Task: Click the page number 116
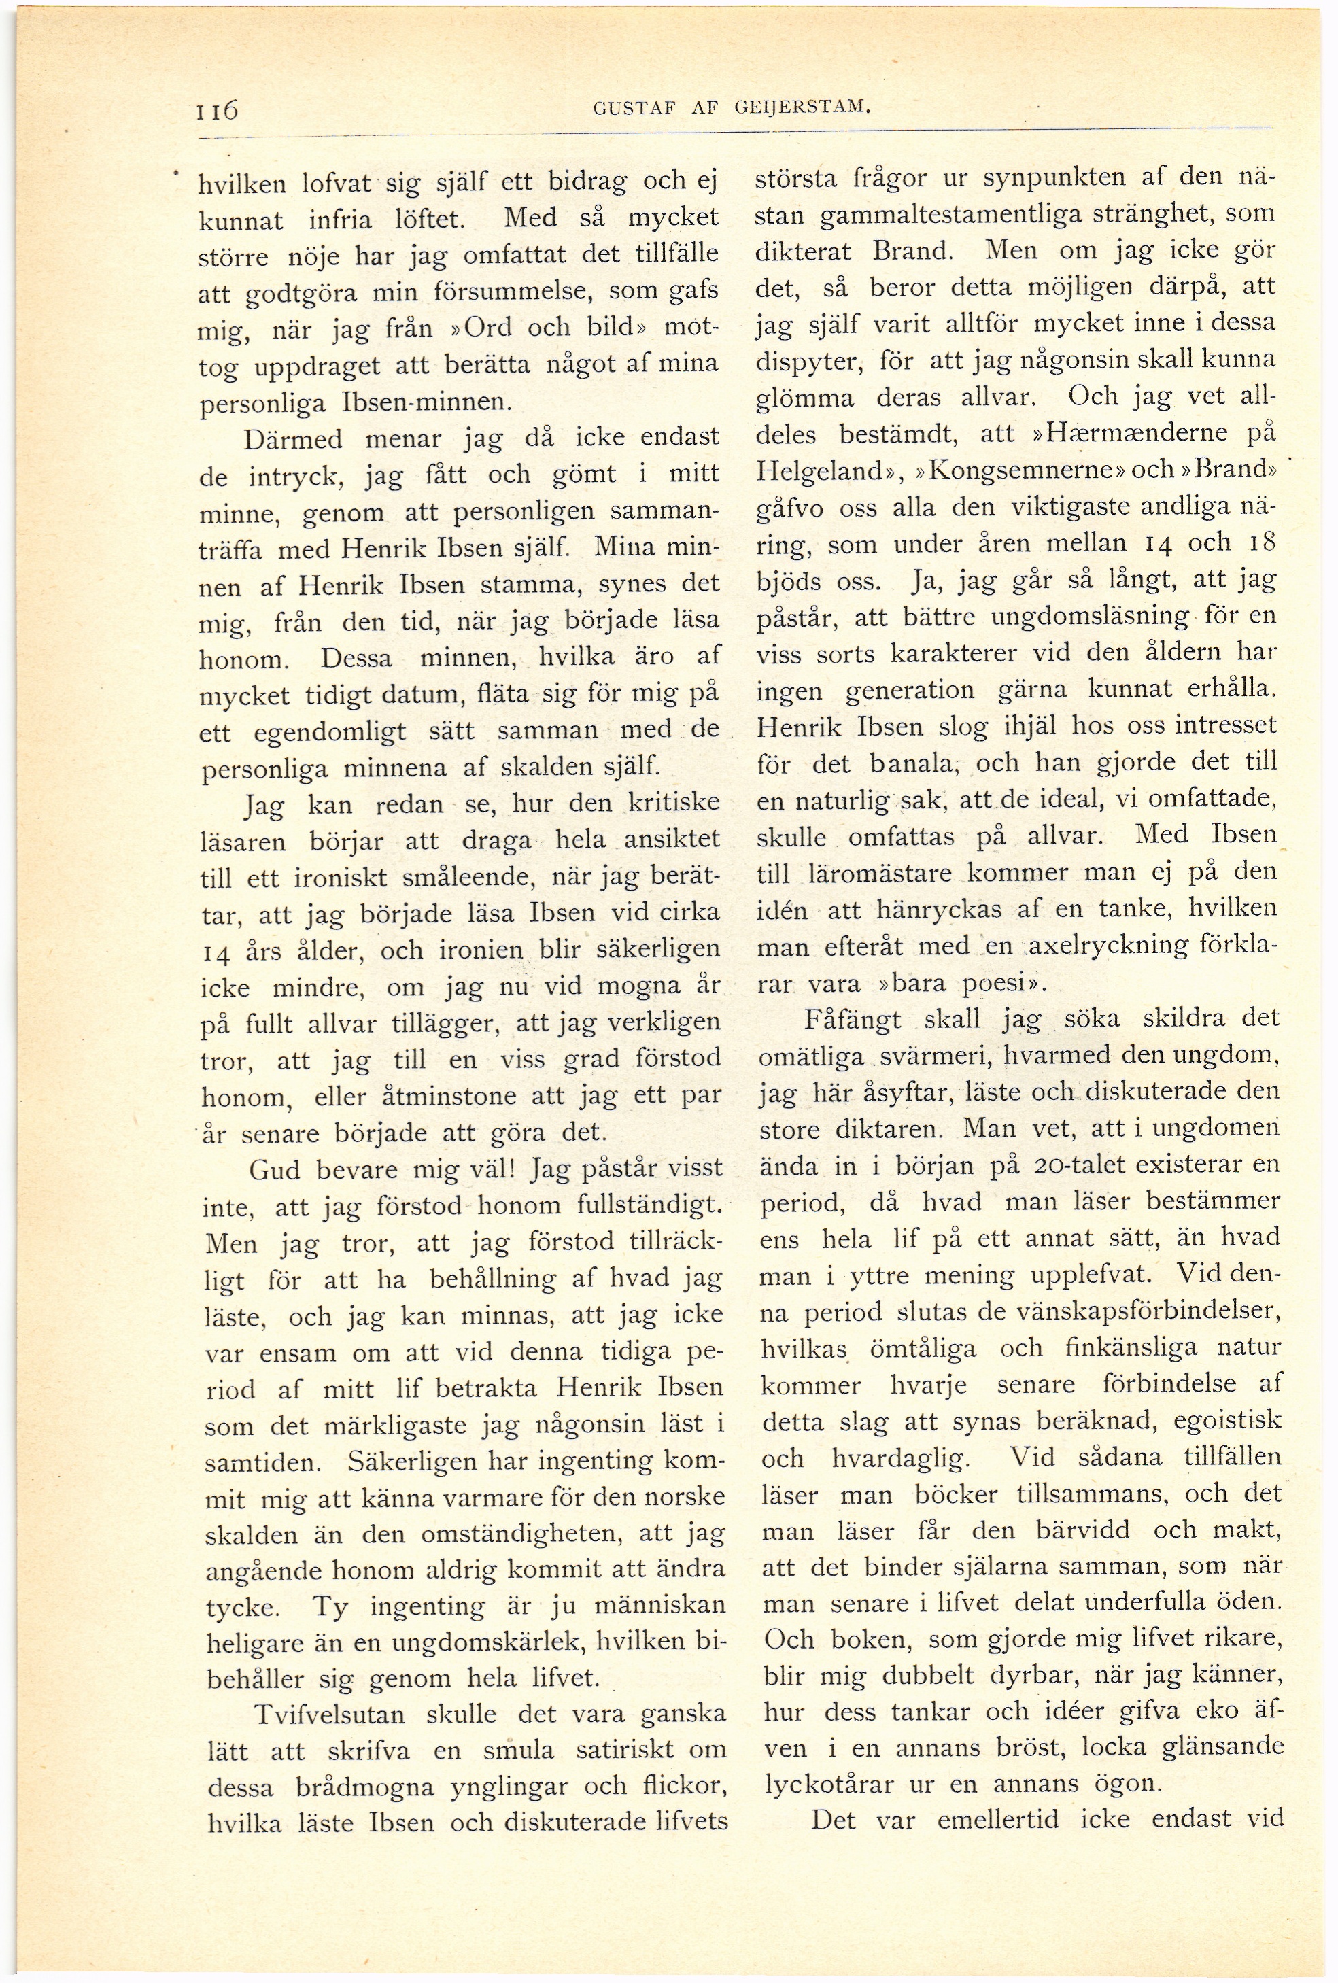click(218, 110)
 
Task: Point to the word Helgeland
click(812, 471)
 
